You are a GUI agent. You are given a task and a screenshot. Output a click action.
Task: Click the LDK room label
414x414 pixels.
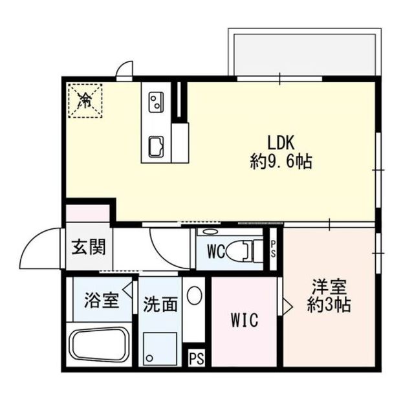pos(281,142)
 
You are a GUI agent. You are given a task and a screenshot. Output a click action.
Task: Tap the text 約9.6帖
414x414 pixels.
pos(281,162)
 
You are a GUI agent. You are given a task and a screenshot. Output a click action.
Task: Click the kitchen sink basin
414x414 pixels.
pos(156,146)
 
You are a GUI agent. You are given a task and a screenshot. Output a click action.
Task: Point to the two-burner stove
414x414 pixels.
pos(156,102)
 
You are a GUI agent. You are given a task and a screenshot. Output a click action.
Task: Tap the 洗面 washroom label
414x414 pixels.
pos(160,304)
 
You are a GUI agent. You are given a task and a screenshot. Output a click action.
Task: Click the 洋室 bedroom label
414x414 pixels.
pos(329,285)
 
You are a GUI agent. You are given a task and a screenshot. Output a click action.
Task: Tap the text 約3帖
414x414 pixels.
pos(329,305)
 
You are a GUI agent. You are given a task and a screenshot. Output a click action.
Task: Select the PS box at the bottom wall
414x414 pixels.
pos(195,358)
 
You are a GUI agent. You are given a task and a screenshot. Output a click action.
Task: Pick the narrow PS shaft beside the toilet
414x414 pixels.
pos(273,248)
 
